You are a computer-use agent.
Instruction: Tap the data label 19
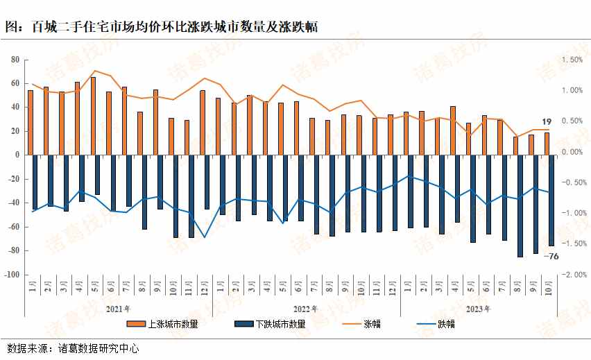click(547, 121)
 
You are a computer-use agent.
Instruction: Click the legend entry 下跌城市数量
click(270, 323)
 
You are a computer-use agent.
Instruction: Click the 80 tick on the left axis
click(13, 60)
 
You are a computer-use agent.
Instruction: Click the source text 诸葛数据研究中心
click(98, 348)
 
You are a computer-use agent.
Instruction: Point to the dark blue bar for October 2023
click(551, 200)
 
